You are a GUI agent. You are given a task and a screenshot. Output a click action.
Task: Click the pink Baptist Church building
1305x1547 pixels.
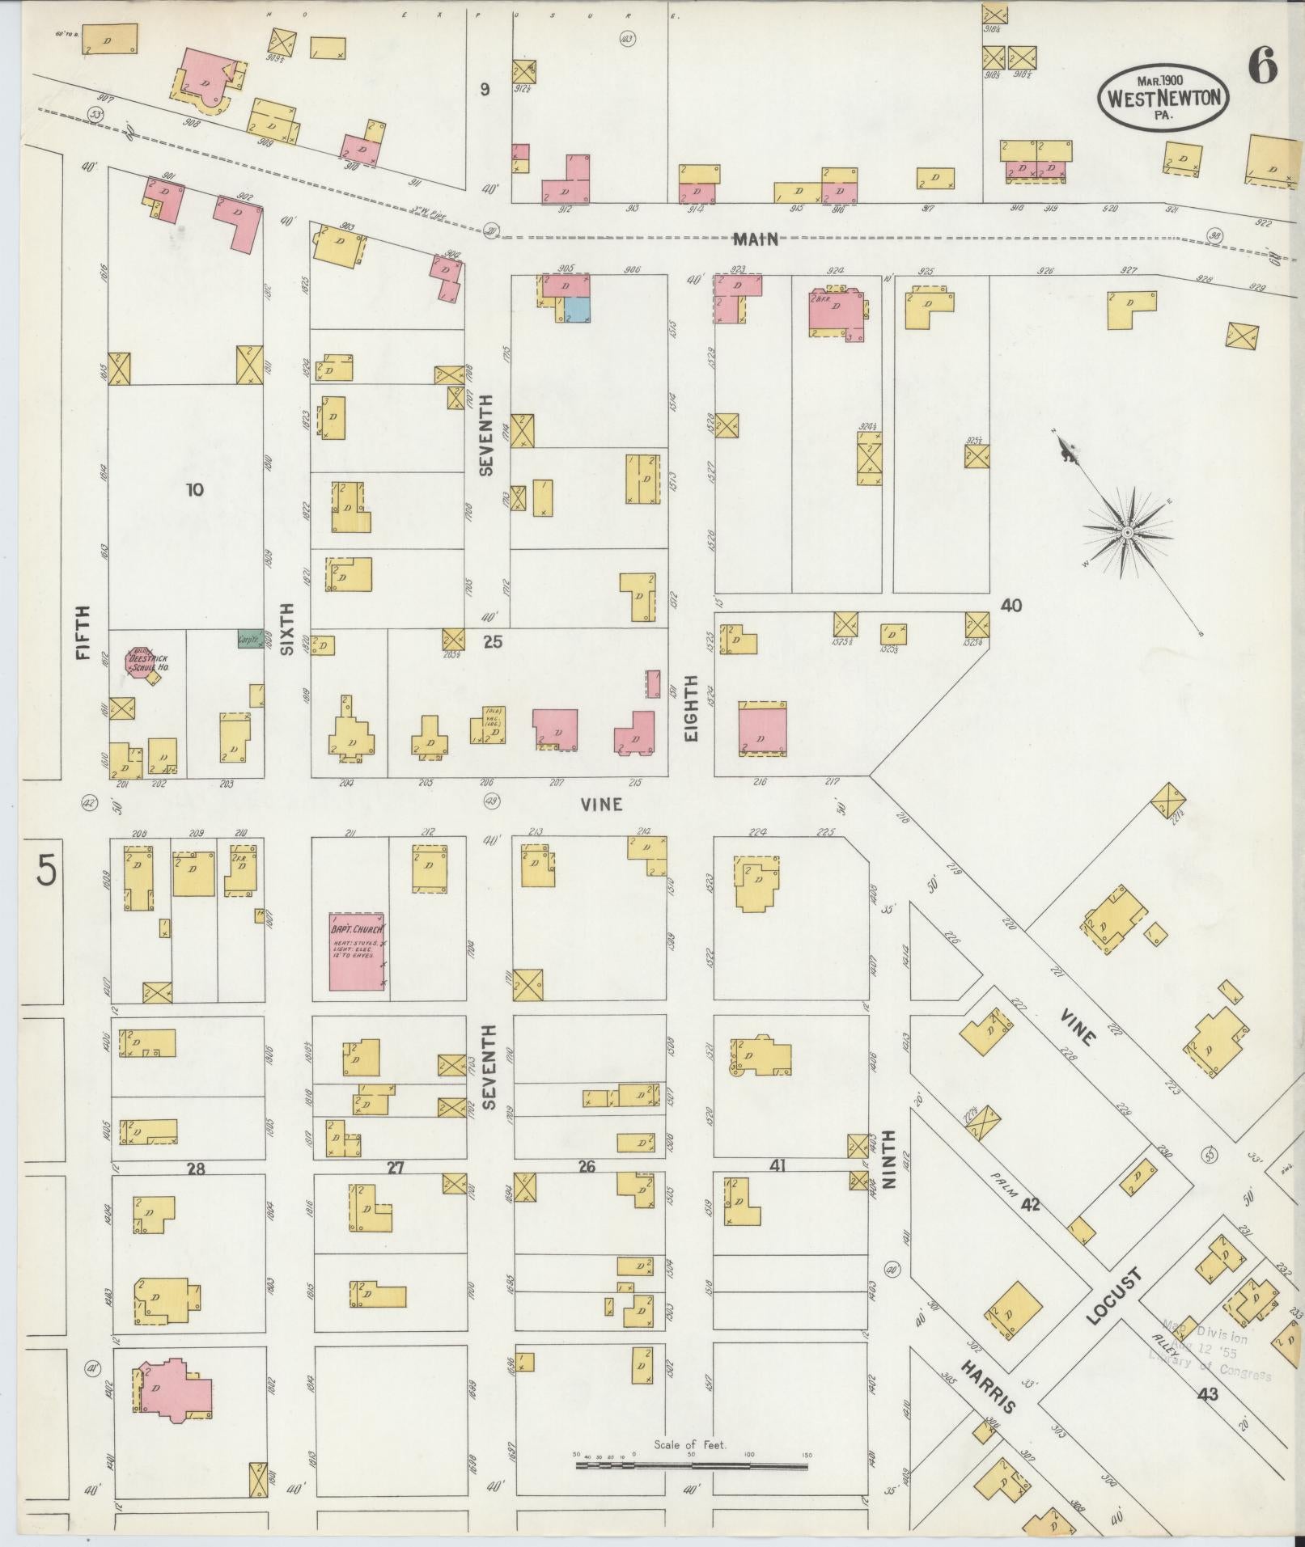pos(356,951)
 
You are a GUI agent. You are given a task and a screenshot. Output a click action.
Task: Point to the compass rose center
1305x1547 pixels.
pos(1125,532)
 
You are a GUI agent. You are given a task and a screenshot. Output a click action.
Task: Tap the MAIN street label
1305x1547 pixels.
pos(756,239)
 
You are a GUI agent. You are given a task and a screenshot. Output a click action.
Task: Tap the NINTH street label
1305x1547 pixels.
pos(890,1170)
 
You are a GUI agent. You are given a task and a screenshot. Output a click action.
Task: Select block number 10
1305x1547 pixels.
pos(194,489)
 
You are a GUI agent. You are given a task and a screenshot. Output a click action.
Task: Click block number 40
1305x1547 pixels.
pos(1011,605)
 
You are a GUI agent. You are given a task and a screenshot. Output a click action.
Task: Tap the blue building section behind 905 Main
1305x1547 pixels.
pos(577,309)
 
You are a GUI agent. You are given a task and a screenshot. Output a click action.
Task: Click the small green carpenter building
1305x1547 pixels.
pos(248,639)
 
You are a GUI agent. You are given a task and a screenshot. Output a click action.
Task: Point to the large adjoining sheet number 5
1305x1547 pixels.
pos(46,872)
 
